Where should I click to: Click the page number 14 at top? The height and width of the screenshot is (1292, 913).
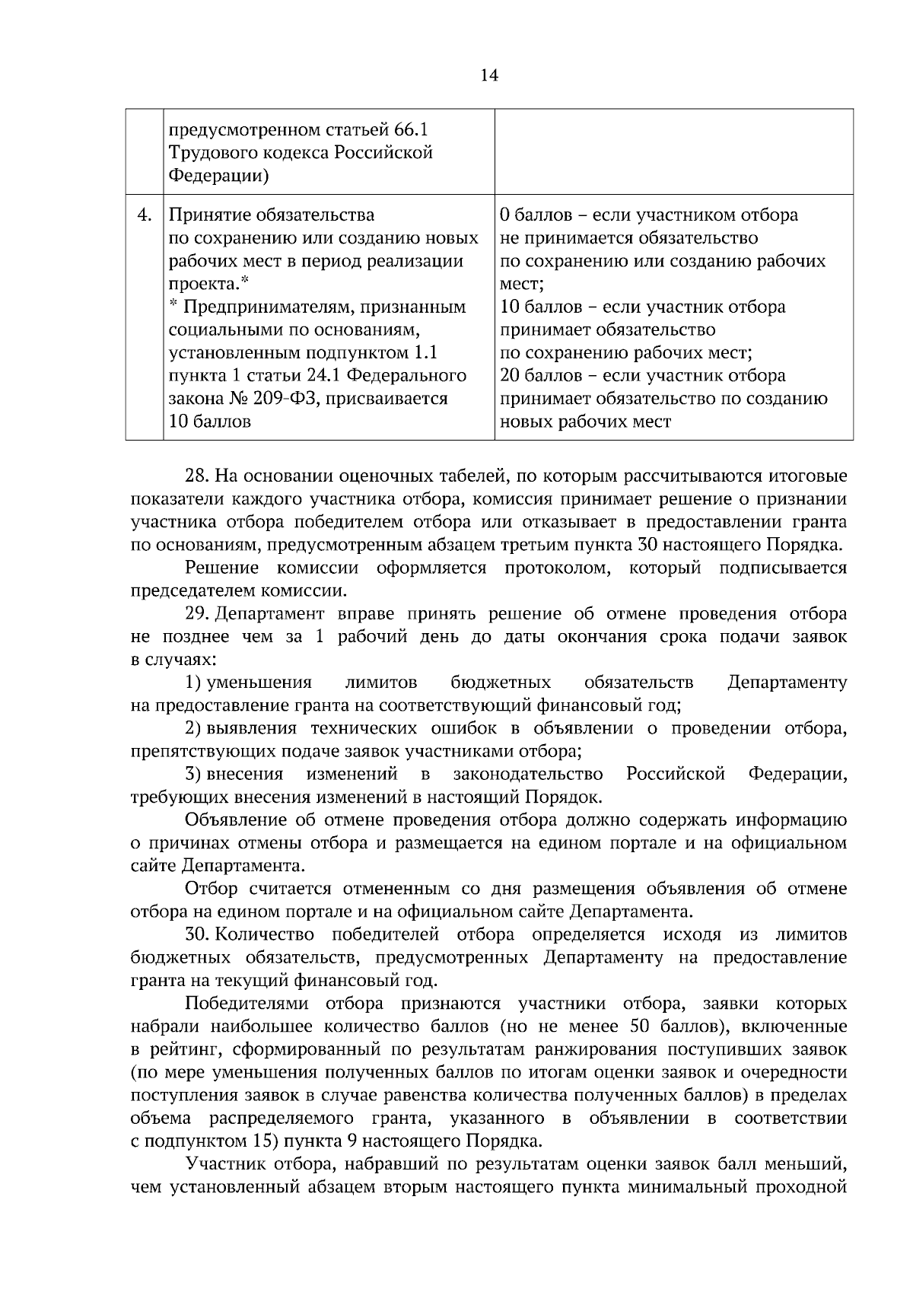[x=489, y=75]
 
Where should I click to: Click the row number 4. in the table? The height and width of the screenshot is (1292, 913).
[x=145, y=215]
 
